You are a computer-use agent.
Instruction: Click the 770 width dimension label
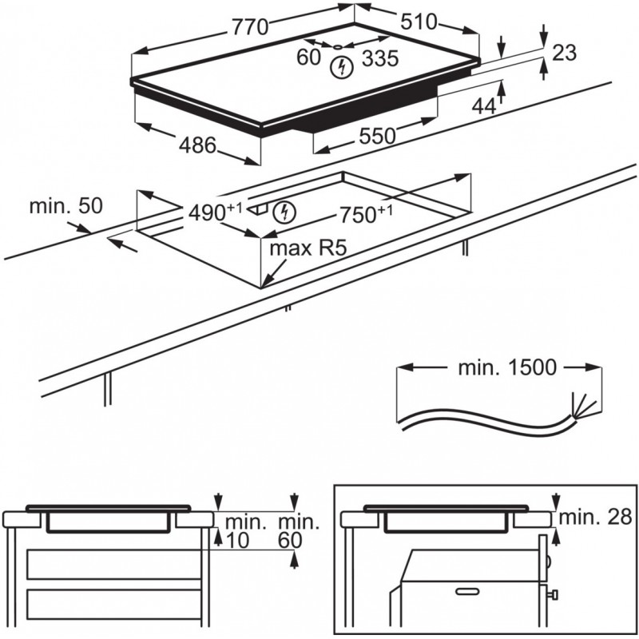(x=249, y=26)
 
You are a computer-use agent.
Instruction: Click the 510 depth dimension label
(x=419, y=22)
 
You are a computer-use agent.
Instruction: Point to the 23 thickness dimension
(x=564, y=53)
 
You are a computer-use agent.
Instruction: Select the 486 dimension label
(x=196, y=145)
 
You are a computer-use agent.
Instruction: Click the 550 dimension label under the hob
(x=377, y=136)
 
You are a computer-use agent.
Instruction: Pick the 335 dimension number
(x=379, y=58)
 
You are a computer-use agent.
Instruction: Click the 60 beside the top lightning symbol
(x=308, y=58)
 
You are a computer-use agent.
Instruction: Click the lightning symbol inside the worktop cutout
(x=284, y=212)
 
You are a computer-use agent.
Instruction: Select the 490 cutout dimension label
(x=208, y=213)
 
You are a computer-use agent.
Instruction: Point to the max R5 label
(x=301, y=248)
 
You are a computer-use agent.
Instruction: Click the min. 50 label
(x=66, y=206)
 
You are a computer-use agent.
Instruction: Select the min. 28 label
(x=595, y=517)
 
